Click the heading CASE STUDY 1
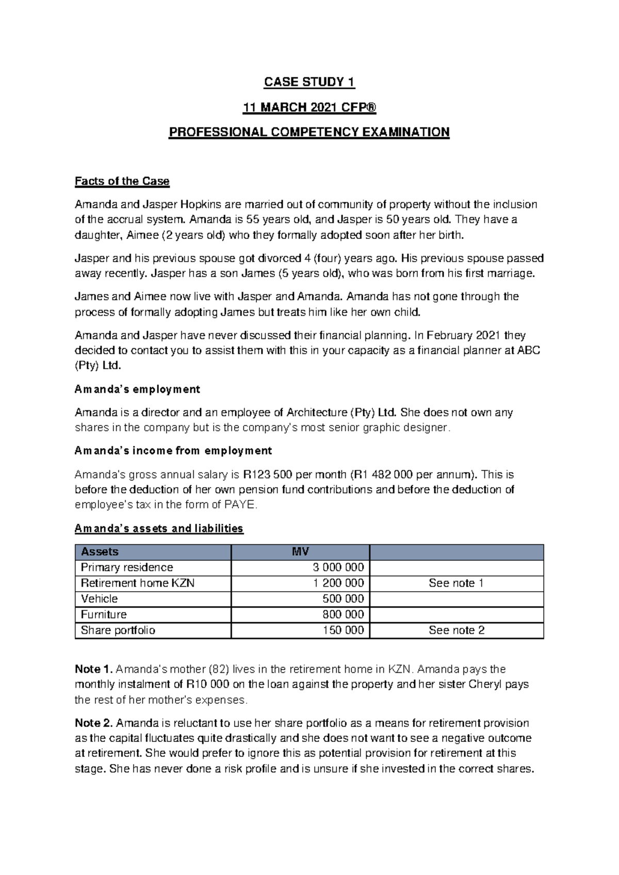309,82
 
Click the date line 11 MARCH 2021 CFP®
309,107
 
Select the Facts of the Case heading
122,181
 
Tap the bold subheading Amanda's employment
137,389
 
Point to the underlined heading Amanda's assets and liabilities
159,528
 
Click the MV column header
300,552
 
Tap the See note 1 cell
456,583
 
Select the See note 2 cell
456,630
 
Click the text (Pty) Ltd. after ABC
97,366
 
